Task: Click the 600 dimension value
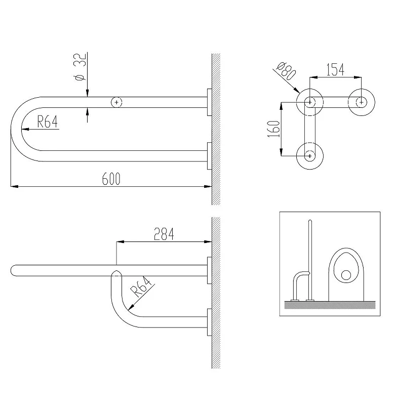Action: pyautogui.click(x=111, y=179)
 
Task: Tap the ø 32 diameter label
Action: pyautogui.click(x=80, y=67)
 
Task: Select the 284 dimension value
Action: pyautogui.click(x=164, y=234)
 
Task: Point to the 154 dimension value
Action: pyautogui.click(x=335, y=69)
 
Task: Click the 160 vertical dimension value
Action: pyautogui.click(x=274, y=129)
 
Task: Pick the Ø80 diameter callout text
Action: pyautogui.click(x=286, y=70)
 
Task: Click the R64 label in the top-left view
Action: pyautogui.click(x=47, y=121)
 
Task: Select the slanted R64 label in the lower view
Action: pyautogui.click(x=141, y=287)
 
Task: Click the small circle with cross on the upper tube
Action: pyautogui.click(x=116, y=103)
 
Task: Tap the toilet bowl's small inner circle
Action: pyautogui.click(x=346, y=275)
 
